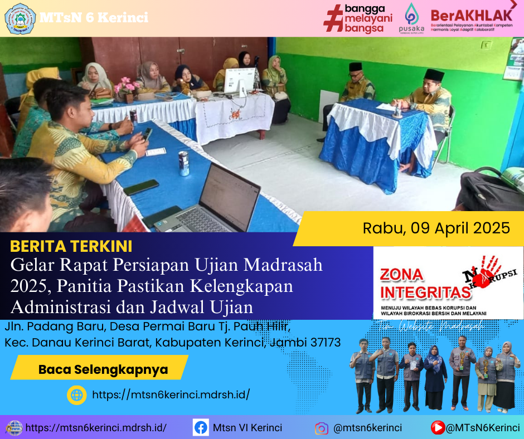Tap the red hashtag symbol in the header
click(x=333, y=18)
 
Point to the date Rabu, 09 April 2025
click(x=436, y=228)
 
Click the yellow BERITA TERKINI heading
click(x=71, y=246)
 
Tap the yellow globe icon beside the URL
click(x=76, y=395)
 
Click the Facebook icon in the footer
click(x=201, y=428)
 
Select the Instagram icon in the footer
click(x=322, y=428)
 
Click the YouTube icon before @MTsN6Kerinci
click(x=438, y=428)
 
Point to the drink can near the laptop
click(x=183, y=163)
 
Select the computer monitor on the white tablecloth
click(x=240, y=81)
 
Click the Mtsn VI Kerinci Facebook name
click(x=248, y=428)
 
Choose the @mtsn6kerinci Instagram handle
click(x=367, y=428)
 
